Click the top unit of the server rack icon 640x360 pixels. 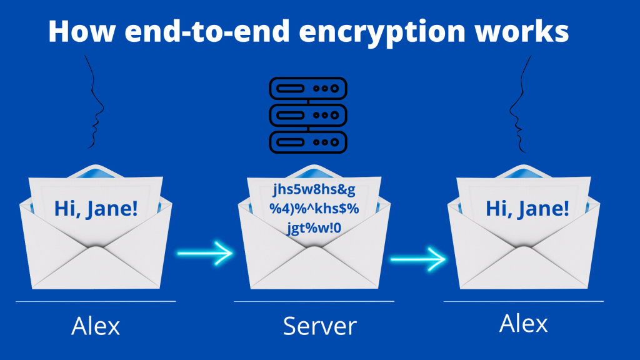click(307, 89)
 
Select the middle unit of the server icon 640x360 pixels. click(307, 115)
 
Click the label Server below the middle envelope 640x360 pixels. click(319, 326)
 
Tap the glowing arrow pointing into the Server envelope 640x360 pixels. click(205, 253)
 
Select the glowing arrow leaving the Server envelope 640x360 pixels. click(418, 257)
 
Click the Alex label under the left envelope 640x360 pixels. click(96, 326)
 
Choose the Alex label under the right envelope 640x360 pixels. click(524, 323)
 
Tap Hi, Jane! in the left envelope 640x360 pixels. click(96, 207)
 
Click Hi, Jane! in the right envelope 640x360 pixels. click(527, 207)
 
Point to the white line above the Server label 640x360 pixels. click(314, 301)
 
